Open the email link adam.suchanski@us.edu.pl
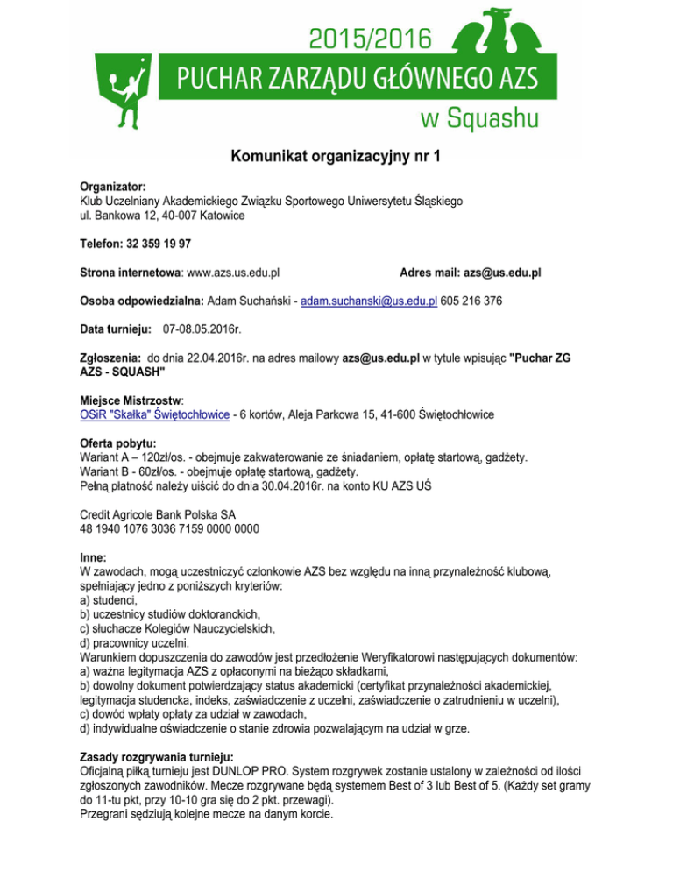coord(369,301)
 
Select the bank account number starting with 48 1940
coord(168,529)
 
